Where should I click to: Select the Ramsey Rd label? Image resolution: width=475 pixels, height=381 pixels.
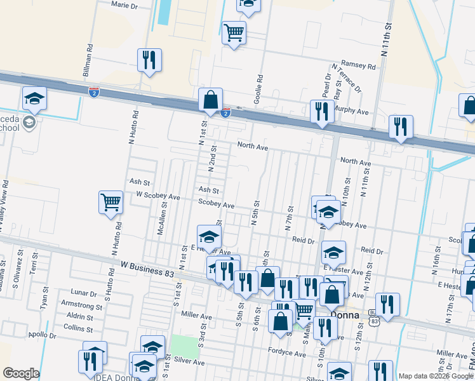354,64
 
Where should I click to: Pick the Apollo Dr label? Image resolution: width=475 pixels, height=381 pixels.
42,334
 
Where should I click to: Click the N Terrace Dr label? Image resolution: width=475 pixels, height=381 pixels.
346,77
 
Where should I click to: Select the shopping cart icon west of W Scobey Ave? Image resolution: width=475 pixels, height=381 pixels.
110,203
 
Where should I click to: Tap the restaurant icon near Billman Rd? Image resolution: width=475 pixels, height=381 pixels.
149,60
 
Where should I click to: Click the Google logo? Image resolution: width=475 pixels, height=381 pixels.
20,373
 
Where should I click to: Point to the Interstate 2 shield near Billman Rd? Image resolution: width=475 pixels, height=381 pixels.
94,92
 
